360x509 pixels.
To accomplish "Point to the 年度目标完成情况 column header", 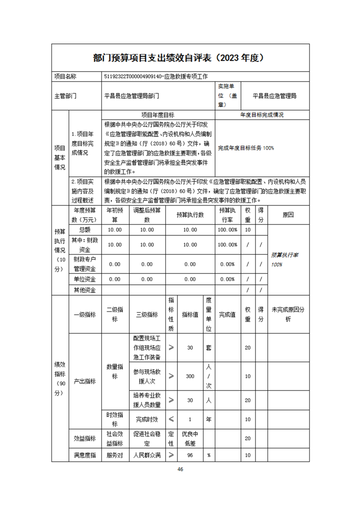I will (x=262, y=115).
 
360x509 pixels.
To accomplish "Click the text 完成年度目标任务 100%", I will (x=246, y=148).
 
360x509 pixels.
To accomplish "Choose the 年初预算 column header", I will (x=115, y=215).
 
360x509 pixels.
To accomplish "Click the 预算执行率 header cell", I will (x=227, y=215).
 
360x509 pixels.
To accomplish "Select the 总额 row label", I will (x=85, y=230).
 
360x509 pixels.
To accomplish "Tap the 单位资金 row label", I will (x=85, y=279).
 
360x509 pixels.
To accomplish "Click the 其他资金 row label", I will (x=85, y=290).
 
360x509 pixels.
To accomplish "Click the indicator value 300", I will (x=190, y=376).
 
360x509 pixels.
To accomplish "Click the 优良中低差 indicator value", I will (x=190, y=438).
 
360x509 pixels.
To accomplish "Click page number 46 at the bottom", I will (x=180, y=469).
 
